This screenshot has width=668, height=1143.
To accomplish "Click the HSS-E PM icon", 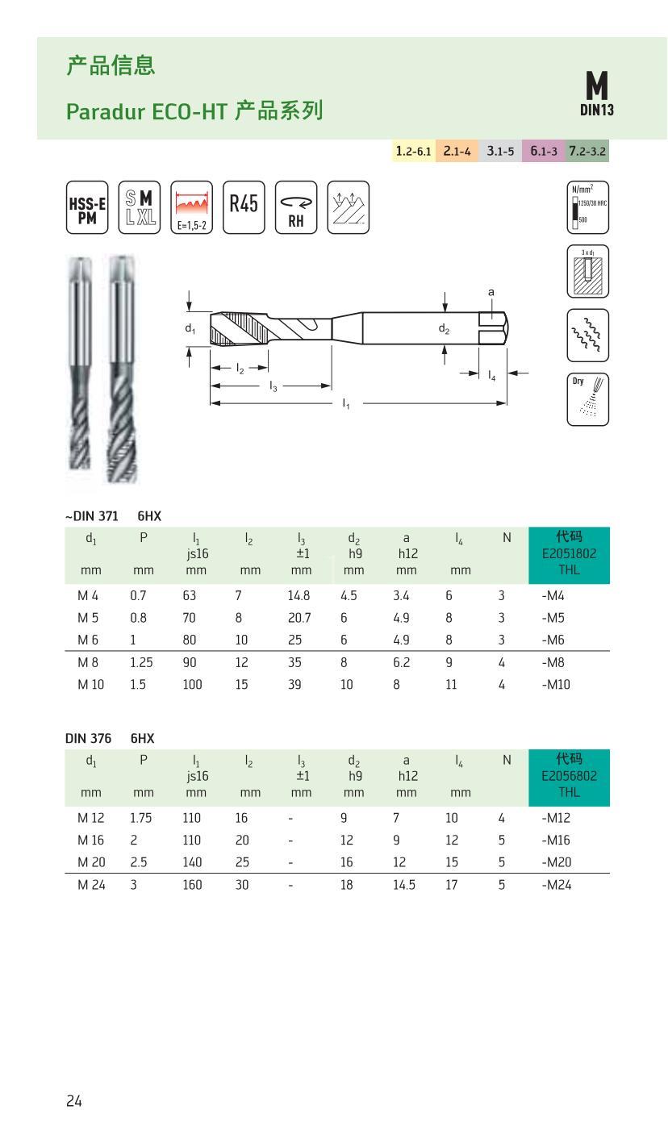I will [x=86, y=207].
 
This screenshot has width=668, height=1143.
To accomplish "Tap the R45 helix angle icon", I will [x=243, y=207].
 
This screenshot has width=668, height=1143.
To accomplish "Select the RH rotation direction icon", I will [x=296, y=207].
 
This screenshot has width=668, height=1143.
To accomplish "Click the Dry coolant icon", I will [x=588, y=398].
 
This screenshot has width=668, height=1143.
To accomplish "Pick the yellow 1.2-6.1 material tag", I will [x=413, y=151].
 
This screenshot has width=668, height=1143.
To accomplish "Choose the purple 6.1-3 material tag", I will [x=543, y=151].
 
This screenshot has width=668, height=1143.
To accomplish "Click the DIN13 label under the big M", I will [x=597, y=110].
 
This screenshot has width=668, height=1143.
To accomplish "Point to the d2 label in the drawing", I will [x=444, y=328].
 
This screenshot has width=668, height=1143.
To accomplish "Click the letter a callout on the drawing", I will [x=491, y=292].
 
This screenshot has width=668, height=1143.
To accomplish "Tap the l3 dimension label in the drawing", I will [x=273, y=386].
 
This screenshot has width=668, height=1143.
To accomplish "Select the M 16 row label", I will [x=91, y=841].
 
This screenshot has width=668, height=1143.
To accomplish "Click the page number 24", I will [x=74, y=1101].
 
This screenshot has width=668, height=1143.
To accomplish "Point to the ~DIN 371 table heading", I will [x=91, y=516].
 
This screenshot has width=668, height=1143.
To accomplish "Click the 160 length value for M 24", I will [x=192, y=885].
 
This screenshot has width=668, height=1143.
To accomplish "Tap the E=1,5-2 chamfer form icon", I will [x=192, y=207].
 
